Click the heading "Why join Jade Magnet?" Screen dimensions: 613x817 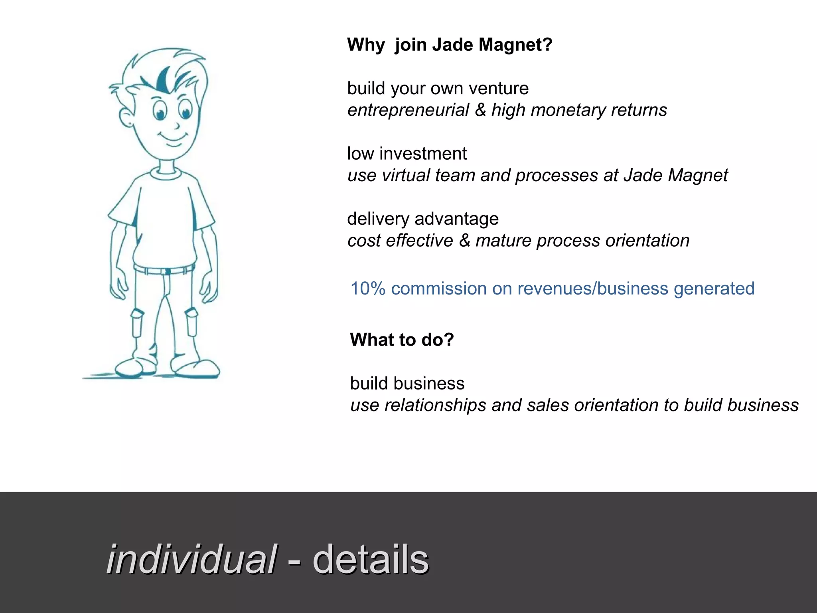click(x=450, y=45)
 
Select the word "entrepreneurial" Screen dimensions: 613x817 click(x=408, y=110)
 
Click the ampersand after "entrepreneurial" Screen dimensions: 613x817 click(x=480, y=110)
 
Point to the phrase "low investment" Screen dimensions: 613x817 click(x=407, y=154)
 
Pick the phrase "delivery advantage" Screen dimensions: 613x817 click(x=423, y=219)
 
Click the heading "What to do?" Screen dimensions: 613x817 click(x=402, y=340)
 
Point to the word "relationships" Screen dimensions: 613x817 click(x=434, y=405)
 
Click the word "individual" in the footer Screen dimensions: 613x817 click(x=191, y=560)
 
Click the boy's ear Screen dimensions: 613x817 click(x=126, y=117)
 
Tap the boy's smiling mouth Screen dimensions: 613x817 click(x=173, y=140)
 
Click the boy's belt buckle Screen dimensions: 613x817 click(x=168, y=272)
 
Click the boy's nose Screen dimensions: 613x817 click(x=176, y=126)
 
